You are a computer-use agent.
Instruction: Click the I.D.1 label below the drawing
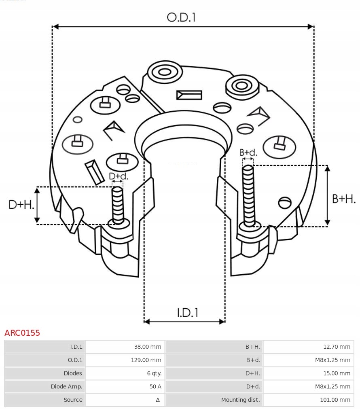187,312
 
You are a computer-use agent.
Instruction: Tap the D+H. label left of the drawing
21,205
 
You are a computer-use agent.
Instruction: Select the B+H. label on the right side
344,199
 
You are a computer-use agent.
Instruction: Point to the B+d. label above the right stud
248,153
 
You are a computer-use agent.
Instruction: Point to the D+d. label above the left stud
118,176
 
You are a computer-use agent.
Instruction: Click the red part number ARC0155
22,333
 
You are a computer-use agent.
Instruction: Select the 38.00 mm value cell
148,347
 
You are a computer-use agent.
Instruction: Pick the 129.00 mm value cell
146,360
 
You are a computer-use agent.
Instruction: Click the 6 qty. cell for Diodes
154,373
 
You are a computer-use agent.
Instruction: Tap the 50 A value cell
155,386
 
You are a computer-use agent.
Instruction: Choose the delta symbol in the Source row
158,400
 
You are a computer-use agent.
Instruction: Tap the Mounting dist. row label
240,400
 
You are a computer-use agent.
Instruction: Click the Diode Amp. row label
66,386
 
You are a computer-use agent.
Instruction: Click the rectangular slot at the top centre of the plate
189,95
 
